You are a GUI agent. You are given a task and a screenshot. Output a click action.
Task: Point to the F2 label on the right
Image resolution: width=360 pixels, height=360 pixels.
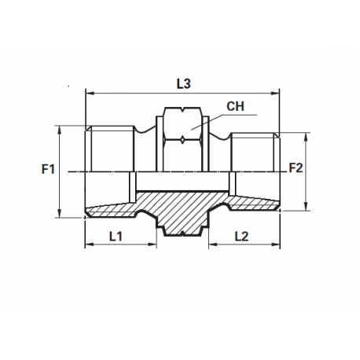296,167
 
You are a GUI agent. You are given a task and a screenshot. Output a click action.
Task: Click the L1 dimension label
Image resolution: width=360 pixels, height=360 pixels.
115,236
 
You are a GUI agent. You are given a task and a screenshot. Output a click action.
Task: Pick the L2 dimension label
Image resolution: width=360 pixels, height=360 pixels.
242,236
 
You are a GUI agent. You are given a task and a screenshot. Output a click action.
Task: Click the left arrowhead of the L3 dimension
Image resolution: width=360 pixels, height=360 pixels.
88,93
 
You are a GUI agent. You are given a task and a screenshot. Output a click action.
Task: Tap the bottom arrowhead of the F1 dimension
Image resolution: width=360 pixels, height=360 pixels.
61,213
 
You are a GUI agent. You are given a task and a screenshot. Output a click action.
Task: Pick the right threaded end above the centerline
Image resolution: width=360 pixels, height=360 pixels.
253,152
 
